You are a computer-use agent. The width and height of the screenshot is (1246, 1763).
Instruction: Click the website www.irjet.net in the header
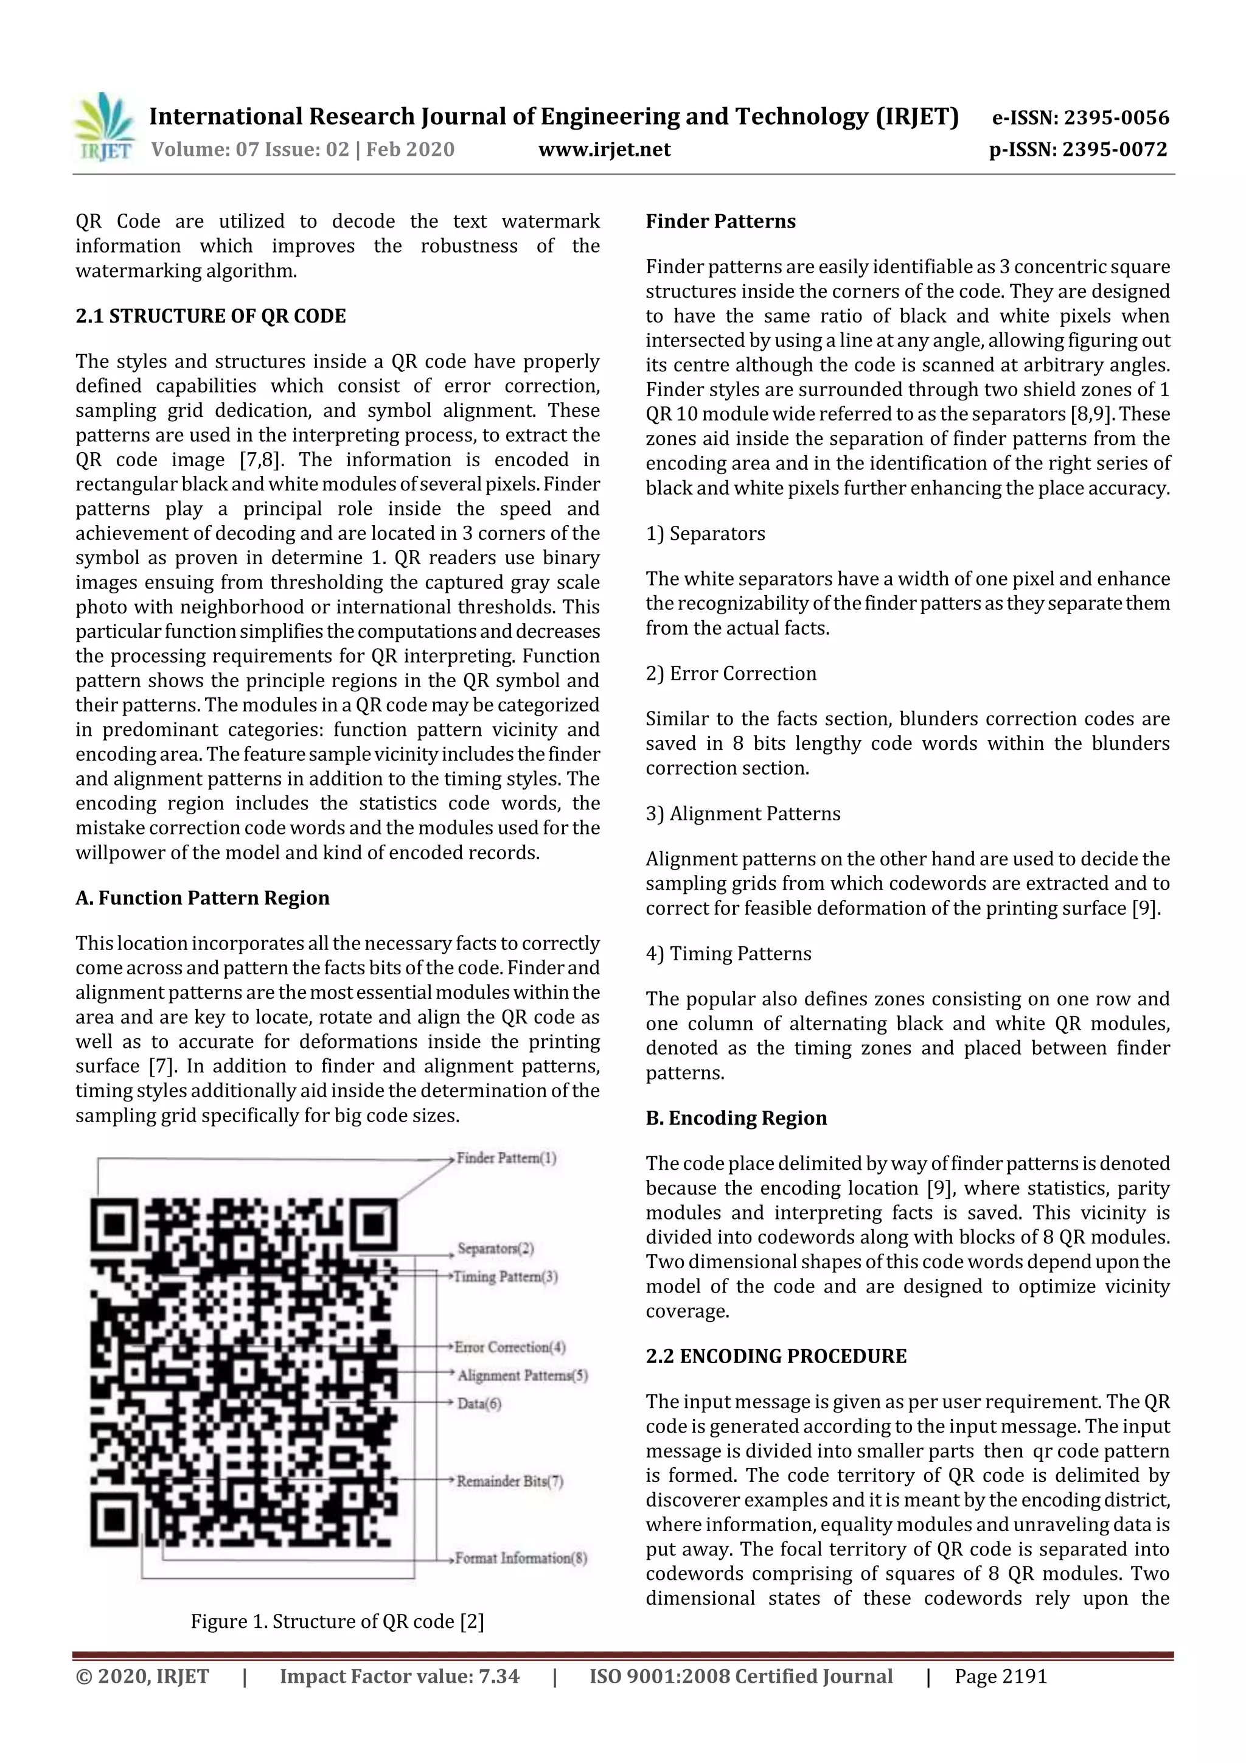(604, 150)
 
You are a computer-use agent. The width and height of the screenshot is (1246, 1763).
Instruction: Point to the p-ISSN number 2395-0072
(1115, 150)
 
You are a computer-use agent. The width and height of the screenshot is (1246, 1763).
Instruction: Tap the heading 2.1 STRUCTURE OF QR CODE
(211, 316)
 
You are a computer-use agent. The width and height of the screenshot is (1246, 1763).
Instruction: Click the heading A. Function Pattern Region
(203, 898)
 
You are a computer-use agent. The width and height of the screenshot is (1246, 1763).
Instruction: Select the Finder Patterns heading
(720, 221)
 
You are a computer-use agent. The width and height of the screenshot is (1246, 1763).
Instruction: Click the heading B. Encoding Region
(736, 1118)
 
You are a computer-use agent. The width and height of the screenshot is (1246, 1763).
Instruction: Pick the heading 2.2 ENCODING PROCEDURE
(775, 1356)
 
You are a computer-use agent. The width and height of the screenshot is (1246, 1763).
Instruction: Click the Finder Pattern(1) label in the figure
(506, 1158)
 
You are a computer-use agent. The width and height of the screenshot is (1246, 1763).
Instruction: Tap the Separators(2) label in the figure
(495, 1249)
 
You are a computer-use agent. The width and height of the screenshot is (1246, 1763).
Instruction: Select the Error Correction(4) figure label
(510, 1347)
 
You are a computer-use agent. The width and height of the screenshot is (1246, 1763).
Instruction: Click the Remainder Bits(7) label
(510, 1481)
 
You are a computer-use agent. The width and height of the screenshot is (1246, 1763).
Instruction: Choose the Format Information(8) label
(521, 1559)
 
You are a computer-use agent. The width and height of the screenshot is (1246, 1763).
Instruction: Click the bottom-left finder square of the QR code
(115, 1520)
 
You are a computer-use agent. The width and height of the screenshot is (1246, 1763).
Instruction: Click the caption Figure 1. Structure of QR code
(337, 1622)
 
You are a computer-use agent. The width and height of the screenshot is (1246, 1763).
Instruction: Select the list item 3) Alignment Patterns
(742, 814)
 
